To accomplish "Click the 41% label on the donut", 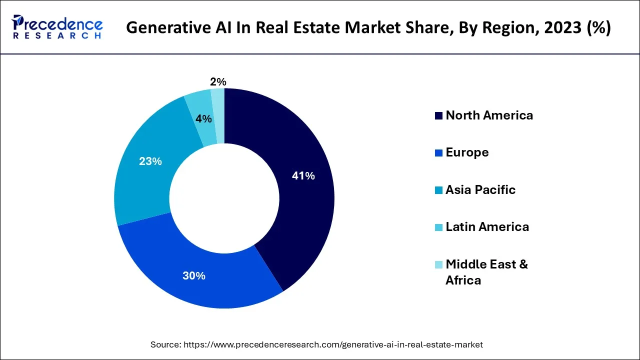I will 303,176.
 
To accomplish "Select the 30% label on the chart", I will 193,275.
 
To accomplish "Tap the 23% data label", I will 150,161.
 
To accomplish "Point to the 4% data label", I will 203,119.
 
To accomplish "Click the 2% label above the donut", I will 218,82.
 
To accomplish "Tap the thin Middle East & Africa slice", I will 218,115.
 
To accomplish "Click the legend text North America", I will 489,115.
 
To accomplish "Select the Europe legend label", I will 467,152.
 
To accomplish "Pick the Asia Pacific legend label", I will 480,190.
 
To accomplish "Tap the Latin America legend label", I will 487,227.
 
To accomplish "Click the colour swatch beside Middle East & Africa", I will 438,264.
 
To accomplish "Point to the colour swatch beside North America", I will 438,116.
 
